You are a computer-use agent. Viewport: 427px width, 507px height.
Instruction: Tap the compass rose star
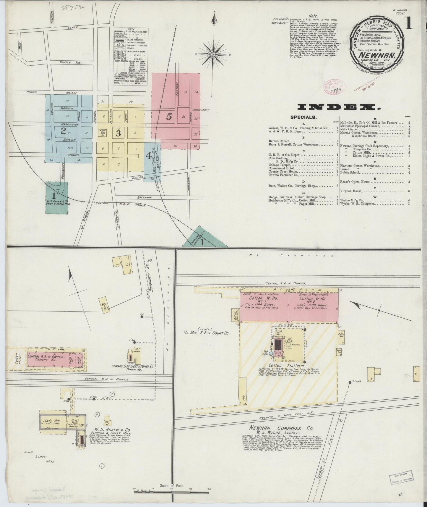click(x=213, y=54)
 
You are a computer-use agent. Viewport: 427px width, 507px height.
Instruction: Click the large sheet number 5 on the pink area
click(x=169, y=117)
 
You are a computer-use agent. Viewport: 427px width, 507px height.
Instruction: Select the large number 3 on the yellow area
click(x=118, y=133)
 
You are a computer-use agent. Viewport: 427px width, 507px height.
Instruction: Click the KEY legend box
click(x=131, y=56)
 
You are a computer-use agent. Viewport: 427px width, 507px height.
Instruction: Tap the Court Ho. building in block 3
click(x=103, y=133)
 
